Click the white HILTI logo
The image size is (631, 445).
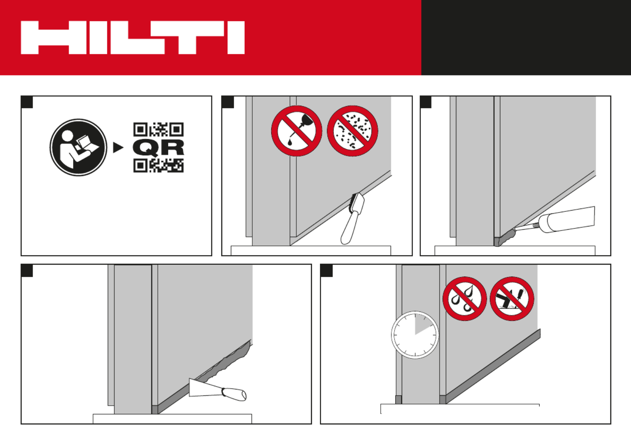[133, 37]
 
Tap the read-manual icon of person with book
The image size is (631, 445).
[78, 147]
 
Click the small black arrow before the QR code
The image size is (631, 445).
[118, 147]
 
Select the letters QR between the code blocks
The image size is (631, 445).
[158, 147]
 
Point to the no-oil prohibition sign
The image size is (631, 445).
[297, 131]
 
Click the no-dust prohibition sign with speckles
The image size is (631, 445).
[352, 131]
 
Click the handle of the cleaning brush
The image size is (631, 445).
[350, 228]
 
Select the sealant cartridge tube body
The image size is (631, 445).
[571, 220]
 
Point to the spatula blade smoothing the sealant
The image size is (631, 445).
[206, 387]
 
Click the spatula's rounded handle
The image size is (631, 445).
[234, 394]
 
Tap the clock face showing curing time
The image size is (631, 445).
[415, 335]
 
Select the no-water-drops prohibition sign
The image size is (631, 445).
[465, 298]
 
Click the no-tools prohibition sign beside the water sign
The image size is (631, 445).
[512, 298]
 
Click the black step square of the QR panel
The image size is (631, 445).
[27, 102]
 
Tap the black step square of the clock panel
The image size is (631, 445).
[327, 271]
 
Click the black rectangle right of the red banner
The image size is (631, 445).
[526, 37]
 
